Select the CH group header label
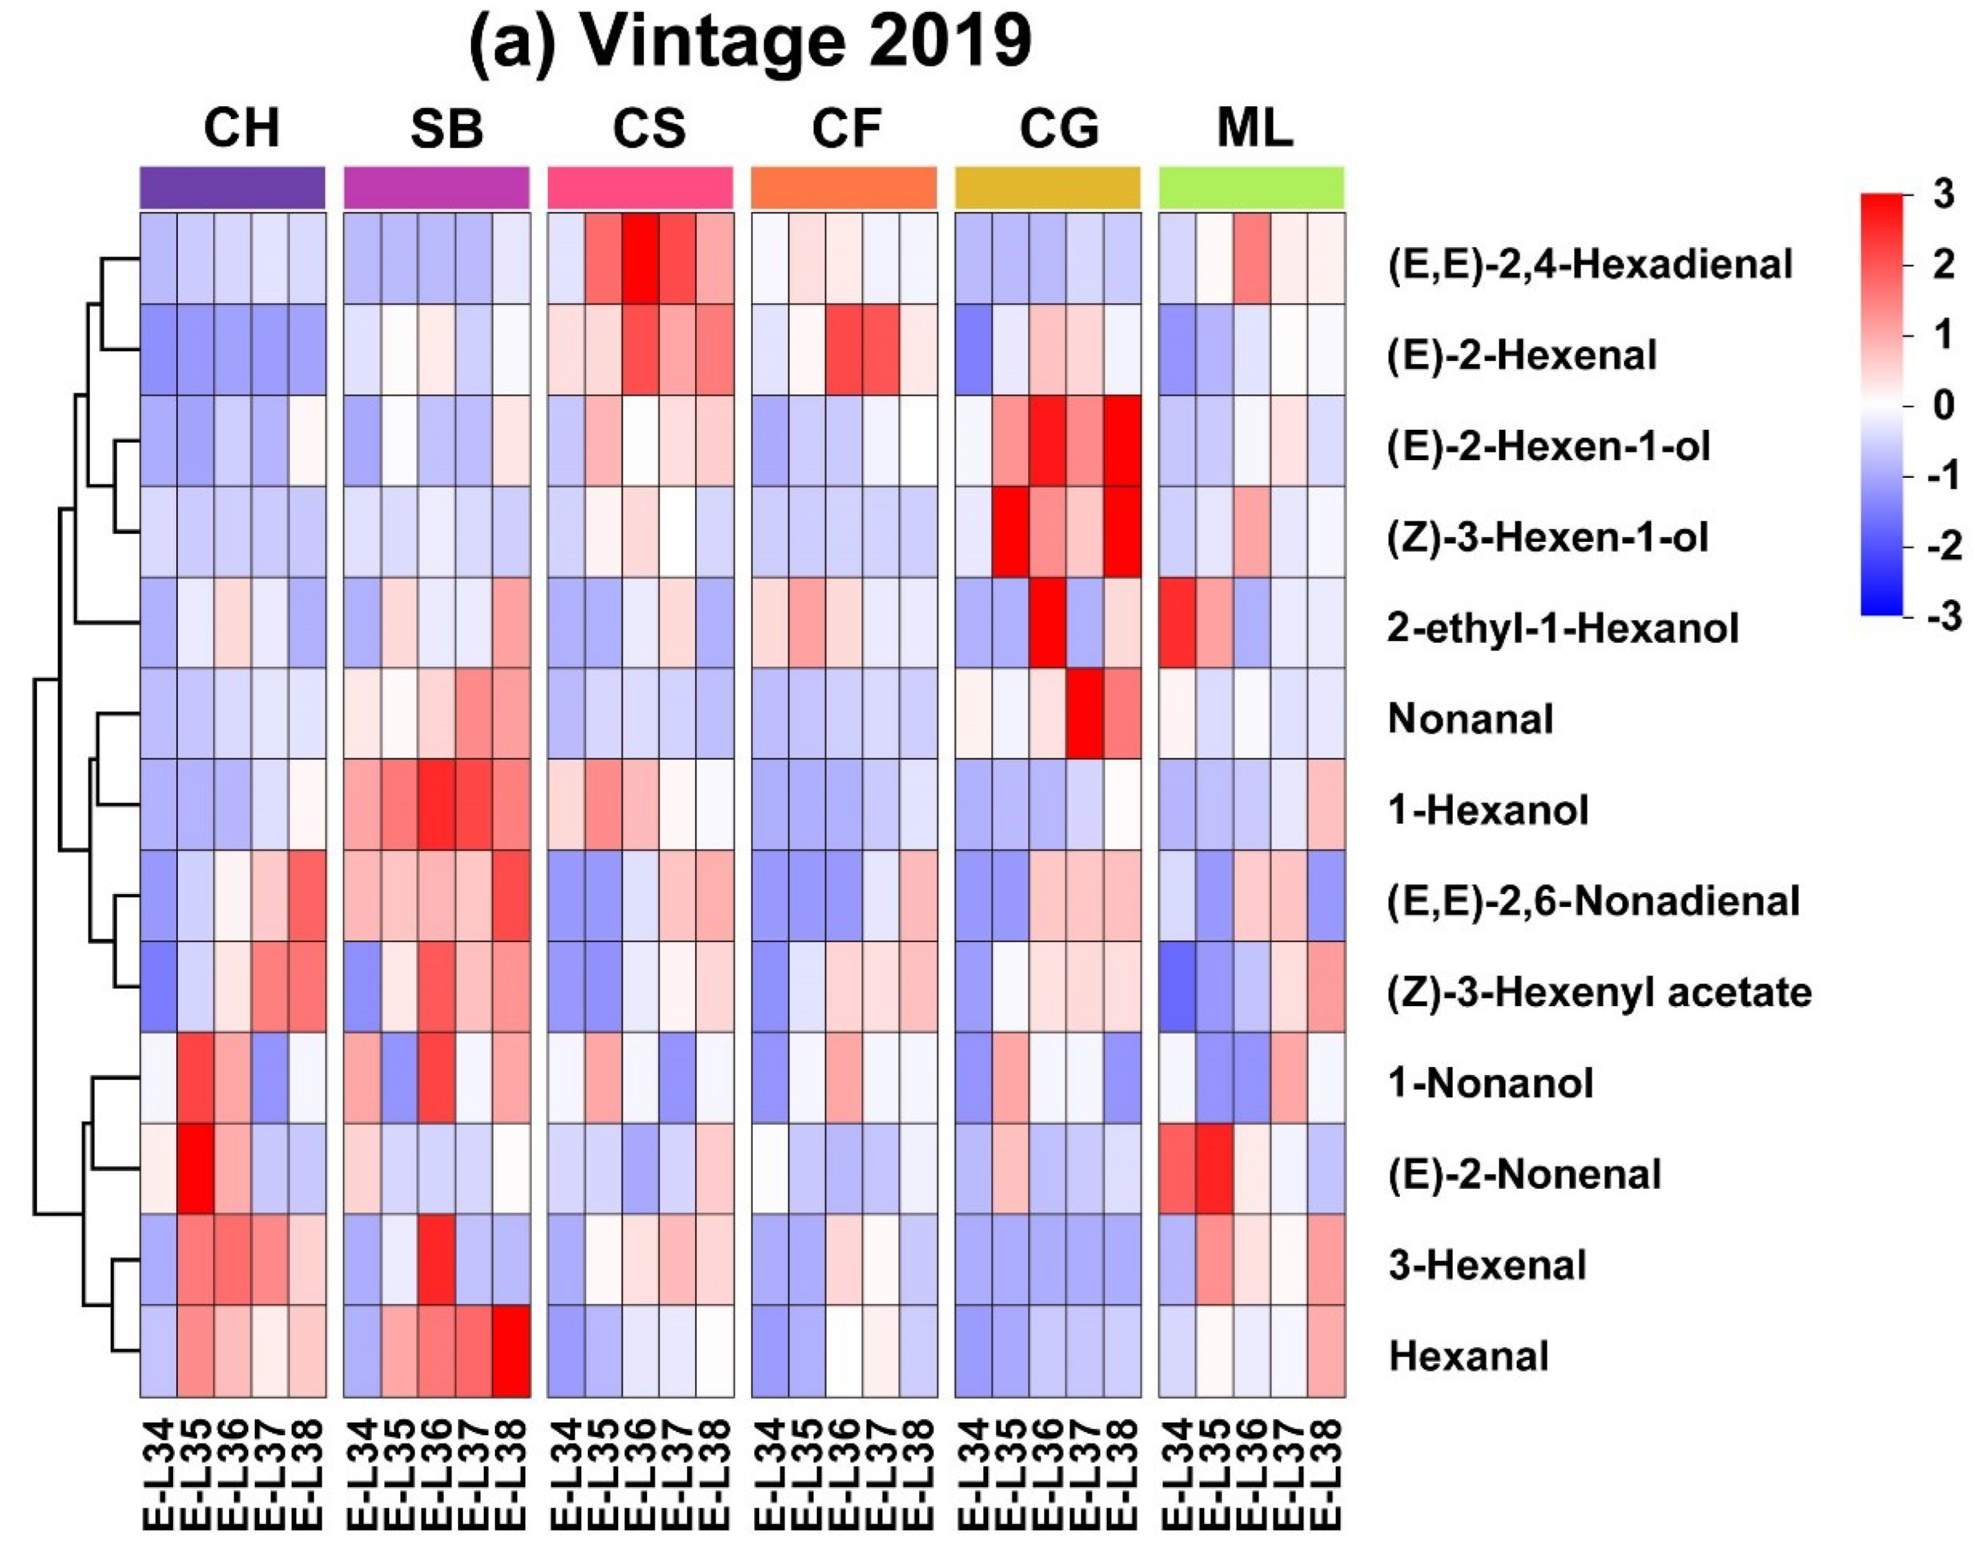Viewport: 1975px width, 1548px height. (x=241, y=128)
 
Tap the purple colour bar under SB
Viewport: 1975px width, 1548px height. (x=436, y=187)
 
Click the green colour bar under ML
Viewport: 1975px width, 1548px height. (x=1251, y=187)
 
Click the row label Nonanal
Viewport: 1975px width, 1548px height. (x=1470, y=719)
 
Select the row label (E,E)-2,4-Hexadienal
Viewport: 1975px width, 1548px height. (x=1589, y=264)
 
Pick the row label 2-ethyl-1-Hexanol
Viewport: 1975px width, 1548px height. (x=1562, y=628)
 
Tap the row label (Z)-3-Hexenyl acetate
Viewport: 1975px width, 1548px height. (x=1598, y=991)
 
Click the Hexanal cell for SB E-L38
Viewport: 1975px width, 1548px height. (x=511, y=1351)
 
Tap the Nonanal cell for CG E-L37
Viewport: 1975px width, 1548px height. (x=1085, y=713)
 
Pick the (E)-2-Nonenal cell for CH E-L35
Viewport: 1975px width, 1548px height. (x=196, y=1168)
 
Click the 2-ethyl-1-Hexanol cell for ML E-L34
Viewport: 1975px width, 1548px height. (x=1177, y=623)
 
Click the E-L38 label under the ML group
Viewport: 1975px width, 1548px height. (x=1326, y=1478)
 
